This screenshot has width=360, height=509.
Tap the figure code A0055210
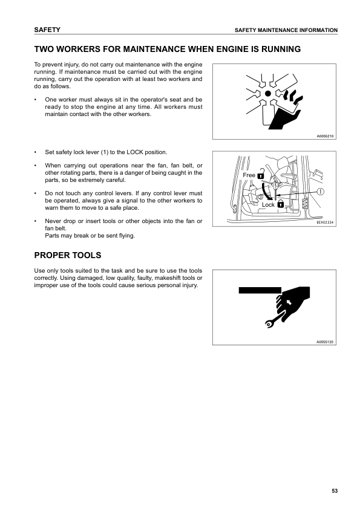coord(325,136)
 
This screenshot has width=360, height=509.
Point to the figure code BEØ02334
coord(325,222)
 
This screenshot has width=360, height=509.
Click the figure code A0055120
coord(325,342)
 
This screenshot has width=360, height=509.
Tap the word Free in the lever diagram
coord(249,175)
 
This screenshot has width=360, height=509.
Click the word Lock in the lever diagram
coord(268,205)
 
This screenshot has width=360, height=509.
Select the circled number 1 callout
coord(320,191)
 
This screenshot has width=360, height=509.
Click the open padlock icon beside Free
coord(261,176)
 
